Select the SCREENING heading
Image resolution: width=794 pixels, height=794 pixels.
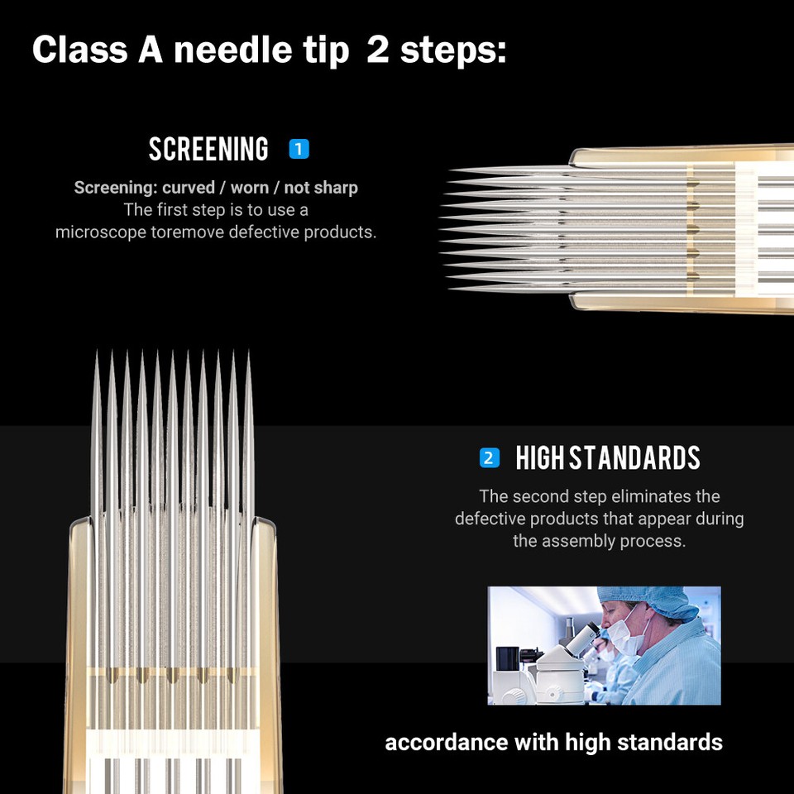click(208, 150)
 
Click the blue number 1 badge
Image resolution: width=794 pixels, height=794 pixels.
click(299, 150)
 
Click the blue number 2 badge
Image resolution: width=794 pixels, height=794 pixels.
click(490, 457)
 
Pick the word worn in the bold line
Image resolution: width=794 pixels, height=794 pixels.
click(249, 188)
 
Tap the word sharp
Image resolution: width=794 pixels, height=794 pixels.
click(335, 188)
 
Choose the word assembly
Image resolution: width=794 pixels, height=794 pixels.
click(579, 542)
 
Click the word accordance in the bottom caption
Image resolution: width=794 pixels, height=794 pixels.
click(447, 742)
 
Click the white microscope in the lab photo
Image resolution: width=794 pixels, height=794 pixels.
click(571, 662)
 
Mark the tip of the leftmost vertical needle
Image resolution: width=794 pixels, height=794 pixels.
click(96, 352)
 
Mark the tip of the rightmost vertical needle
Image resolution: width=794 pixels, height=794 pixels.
click(247, 352)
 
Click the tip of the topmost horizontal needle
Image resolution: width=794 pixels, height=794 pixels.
click(450, 171)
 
